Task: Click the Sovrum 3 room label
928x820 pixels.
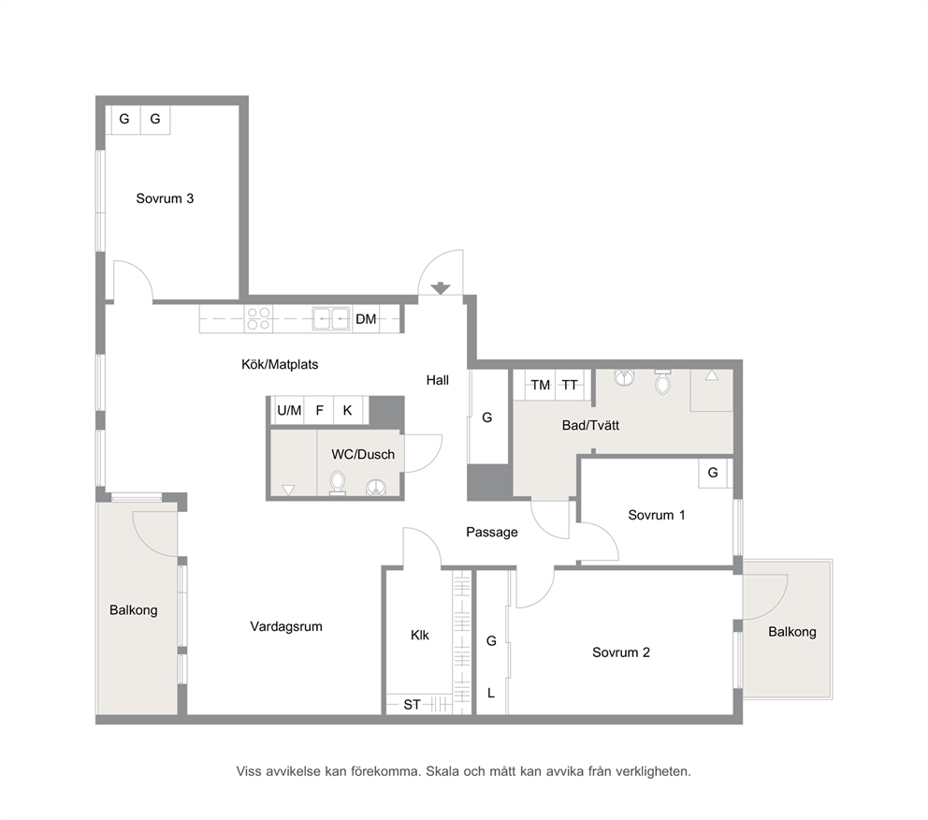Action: (165, 198)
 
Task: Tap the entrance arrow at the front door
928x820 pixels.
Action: (441, 288)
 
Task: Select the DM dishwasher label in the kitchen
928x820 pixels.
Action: (366, 319)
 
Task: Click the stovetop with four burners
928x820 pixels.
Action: (258, 318)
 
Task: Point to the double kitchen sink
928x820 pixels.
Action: (331, 318)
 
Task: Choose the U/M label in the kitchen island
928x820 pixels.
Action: (289, 410)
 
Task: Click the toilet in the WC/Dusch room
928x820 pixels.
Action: (338, 483)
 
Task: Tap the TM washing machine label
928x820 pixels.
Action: (541, 385)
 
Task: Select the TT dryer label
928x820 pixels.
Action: (570, 385)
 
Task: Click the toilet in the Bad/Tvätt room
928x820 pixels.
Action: (663, 381)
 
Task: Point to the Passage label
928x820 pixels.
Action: (492, 533)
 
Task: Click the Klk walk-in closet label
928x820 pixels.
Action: (420, 636)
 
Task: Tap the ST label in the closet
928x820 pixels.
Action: (412, 705)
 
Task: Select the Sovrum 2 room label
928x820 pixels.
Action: (621, 652)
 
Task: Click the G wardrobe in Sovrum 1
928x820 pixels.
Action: (713, 473)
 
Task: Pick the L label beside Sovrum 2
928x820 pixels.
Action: (490, 693)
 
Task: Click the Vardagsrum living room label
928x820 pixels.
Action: (286, 626)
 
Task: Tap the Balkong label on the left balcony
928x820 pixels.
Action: (133, 609)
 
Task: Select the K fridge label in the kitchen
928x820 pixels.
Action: (347, 410)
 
